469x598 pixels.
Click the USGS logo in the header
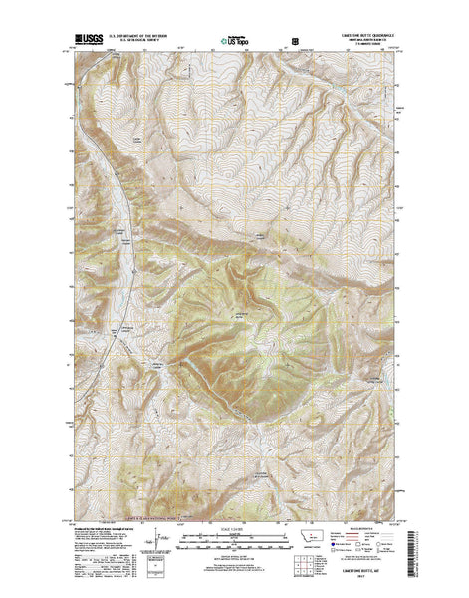pos(87,43)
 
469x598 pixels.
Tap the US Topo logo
pos(236,43)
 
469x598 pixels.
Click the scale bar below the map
pos(234,539)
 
